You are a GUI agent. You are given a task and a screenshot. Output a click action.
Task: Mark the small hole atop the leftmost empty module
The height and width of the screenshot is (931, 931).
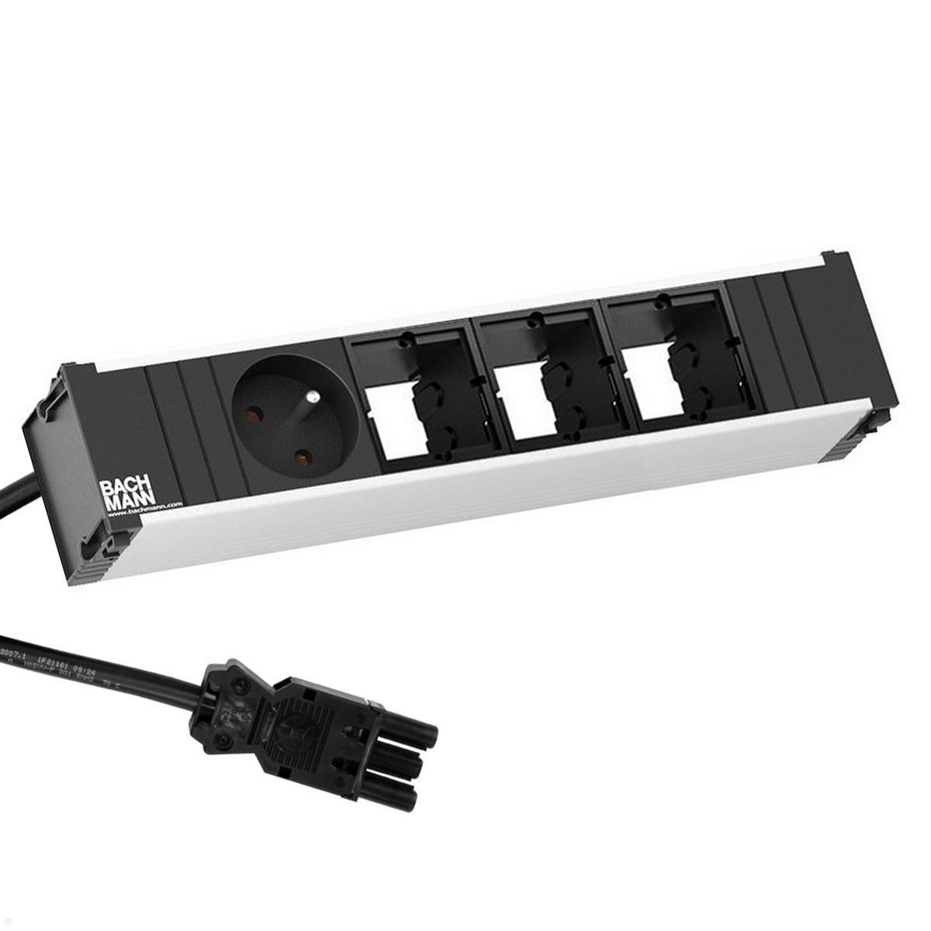click(x=403, y=339)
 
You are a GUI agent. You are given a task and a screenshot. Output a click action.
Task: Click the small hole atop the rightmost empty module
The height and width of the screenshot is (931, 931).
click(x=661, y=296)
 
